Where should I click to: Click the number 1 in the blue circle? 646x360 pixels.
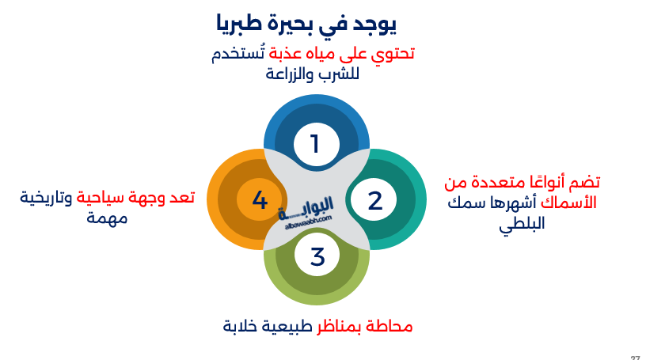click(315, 144)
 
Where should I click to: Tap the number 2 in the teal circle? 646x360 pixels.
click(375, 201)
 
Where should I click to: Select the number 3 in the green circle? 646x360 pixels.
click(317, 256)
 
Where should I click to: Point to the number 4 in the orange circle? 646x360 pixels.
click(260, 200)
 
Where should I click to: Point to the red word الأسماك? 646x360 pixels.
click(568, 203)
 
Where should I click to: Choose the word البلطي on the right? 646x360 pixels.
click(522, 225)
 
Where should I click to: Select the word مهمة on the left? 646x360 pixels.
click(107, 218)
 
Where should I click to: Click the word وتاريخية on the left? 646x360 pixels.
click(46, 199)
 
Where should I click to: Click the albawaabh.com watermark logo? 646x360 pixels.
click(306, 213)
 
